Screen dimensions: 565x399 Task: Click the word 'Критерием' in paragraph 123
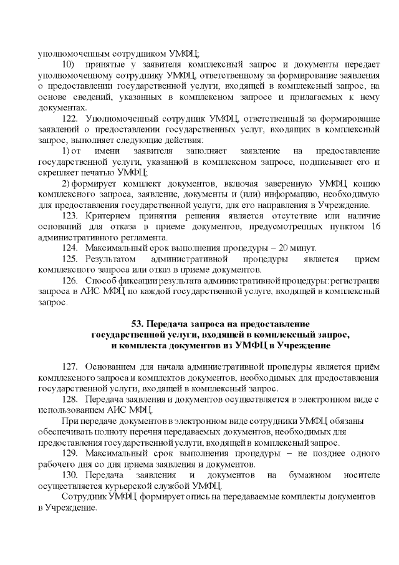click(108, 215)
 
